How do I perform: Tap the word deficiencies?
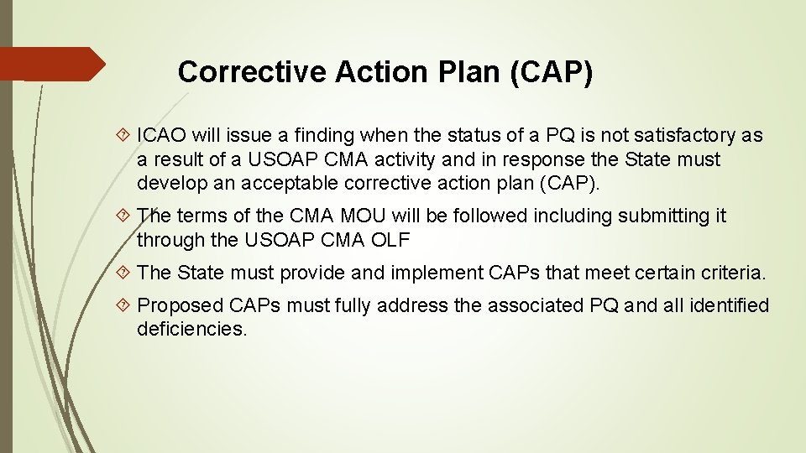point(191,329)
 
